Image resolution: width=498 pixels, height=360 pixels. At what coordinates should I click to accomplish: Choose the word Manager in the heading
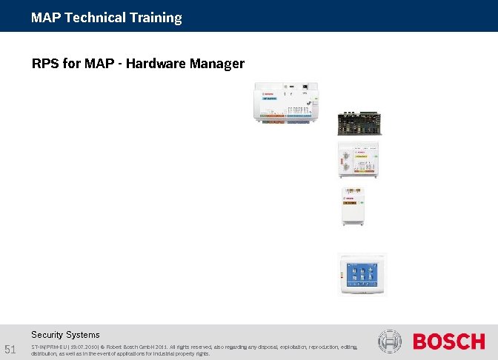[x=216, y=64]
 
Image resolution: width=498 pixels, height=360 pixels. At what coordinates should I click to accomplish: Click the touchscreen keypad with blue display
[x=362, y=274]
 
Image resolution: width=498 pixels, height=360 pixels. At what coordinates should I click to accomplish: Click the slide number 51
[x=10, y=349]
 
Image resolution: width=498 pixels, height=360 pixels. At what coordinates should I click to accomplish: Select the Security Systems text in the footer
[x=65, y=335]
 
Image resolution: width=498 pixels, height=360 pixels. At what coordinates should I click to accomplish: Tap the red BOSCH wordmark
[x=448, y=342]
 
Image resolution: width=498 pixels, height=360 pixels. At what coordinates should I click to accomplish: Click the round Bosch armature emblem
[x=389, y=342]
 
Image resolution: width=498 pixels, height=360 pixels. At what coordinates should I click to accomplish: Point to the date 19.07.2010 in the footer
[x=86, y=346]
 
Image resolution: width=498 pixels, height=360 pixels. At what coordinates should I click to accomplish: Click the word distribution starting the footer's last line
[x=47, y=353]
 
